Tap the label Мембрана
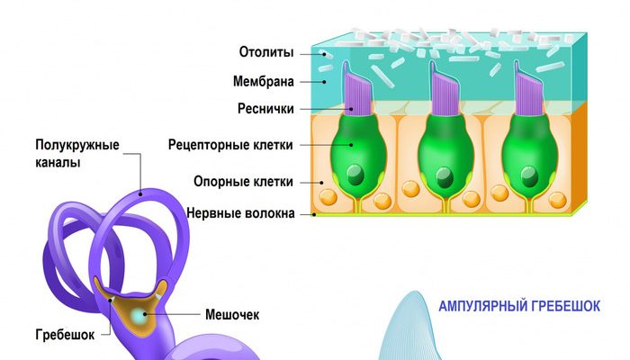point(264,82)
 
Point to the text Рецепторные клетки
point(229,144)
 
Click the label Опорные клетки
point(243,182)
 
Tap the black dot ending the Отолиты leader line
point(323,52)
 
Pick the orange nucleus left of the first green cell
point(328,195)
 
